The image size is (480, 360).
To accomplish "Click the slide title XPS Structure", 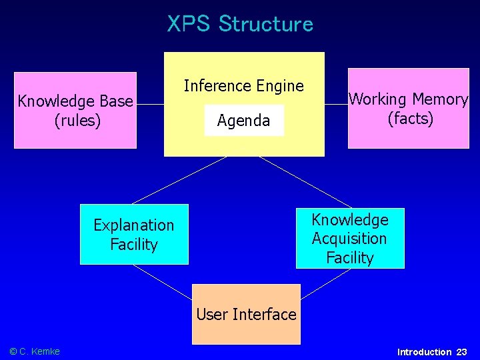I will tap(240, 24).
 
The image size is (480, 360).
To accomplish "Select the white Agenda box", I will tap(244, 121).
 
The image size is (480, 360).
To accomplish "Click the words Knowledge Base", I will tap(75, 101).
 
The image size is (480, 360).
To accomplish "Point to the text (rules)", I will tap(75, 121).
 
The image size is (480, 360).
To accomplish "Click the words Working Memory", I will tap(409, 99).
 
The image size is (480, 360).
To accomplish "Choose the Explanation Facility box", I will tap(134, 235).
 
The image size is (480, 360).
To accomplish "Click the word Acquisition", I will tap(349, 239).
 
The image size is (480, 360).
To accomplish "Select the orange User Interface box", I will tap(246, 314).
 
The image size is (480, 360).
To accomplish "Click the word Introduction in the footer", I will tap(424, 352).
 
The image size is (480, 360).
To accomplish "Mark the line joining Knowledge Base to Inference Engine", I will tap(150, 105).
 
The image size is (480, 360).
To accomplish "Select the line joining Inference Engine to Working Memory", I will tap(336, 104).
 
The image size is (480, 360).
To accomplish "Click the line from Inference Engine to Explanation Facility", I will tap(179, 180).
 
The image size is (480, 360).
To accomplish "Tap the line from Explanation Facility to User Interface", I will tap(162, 279).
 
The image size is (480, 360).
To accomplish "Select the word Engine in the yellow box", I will tap(281, 86).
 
